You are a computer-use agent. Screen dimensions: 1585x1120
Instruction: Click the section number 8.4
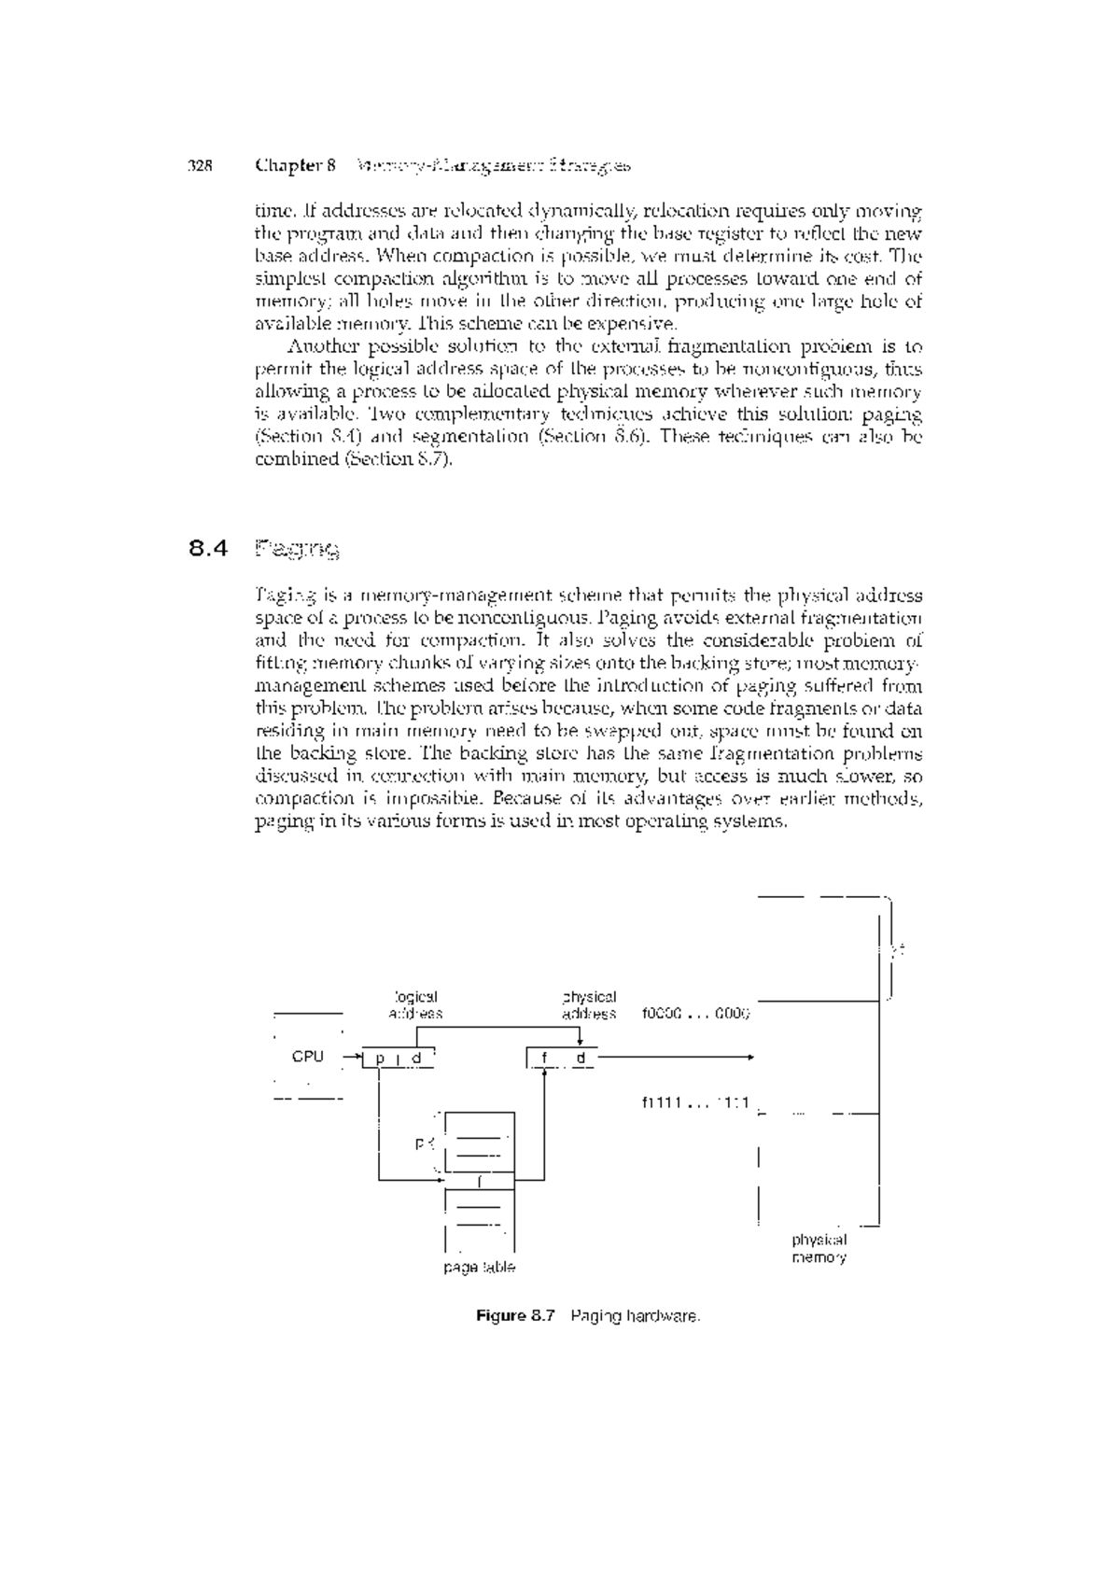tap(207, 549)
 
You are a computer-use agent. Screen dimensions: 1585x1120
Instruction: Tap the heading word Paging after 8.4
tap(297, 549)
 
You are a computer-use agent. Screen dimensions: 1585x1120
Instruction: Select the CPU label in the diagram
tap(308, 1057)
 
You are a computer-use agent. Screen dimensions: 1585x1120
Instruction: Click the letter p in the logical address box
tap(380, 1059)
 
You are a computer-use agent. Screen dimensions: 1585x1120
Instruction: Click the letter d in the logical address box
tap(417, 1059)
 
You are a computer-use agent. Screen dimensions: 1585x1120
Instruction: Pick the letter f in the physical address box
tap(543, 1059)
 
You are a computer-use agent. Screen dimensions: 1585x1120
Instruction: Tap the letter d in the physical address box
tap(581, 1059)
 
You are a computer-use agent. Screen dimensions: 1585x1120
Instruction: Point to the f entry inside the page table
tap(480, 1182)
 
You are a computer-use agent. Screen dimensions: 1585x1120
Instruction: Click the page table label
tap(480, 1268)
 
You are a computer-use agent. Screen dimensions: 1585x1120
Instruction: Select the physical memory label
tap(819, 1249)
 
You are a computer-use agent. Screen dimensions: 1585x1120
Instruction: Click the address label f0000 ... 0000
tap(696, 1014)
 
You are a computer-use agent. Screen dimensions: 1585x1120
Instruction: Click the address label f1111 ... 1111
tap(696, 1102)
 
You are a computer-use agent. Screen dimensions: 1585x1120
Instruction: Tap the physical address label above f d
tap(589, 1005)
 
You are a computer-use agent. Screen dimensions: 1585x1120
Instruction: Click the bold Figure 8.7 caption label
tap(515, 1316)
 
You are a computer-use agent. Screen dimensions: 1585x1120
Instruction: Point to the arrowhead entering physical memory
tap(749, 1058)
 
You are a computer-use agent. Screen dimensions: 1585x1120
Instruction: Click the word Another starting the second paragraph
tap(317, 346)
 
